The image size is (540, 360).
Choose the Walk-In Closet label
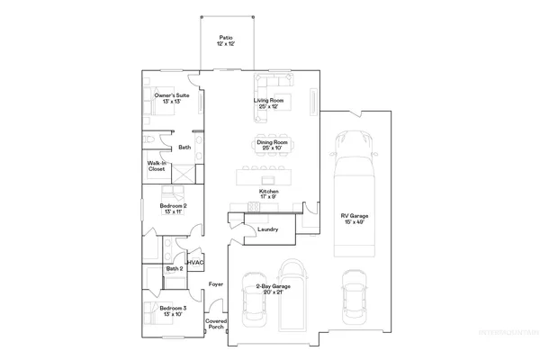pyautogui.click(x=157, y=166)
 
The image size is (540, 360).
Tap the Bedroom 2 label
pyautogui.click(x=173, y=208)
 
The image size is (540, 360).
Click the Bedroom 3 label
pyautogui.click(x=173, y=311)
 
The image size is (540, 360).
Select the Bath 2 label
pyautogui.click(x=174, y=268)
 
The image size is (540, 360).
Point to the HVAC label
pyautogui.click(x=195, y=262)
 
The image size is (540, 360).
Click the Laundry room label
pyautogui.click(x=267, y=229)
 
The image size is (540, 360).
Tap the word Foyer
pyautogui.click(x=216, y=284)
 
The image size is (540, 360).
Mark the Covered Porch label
pyautogui.click(x=216, y=323)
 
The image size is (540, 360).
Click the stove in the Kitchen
pyautogui.click(x=253, y=208)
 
